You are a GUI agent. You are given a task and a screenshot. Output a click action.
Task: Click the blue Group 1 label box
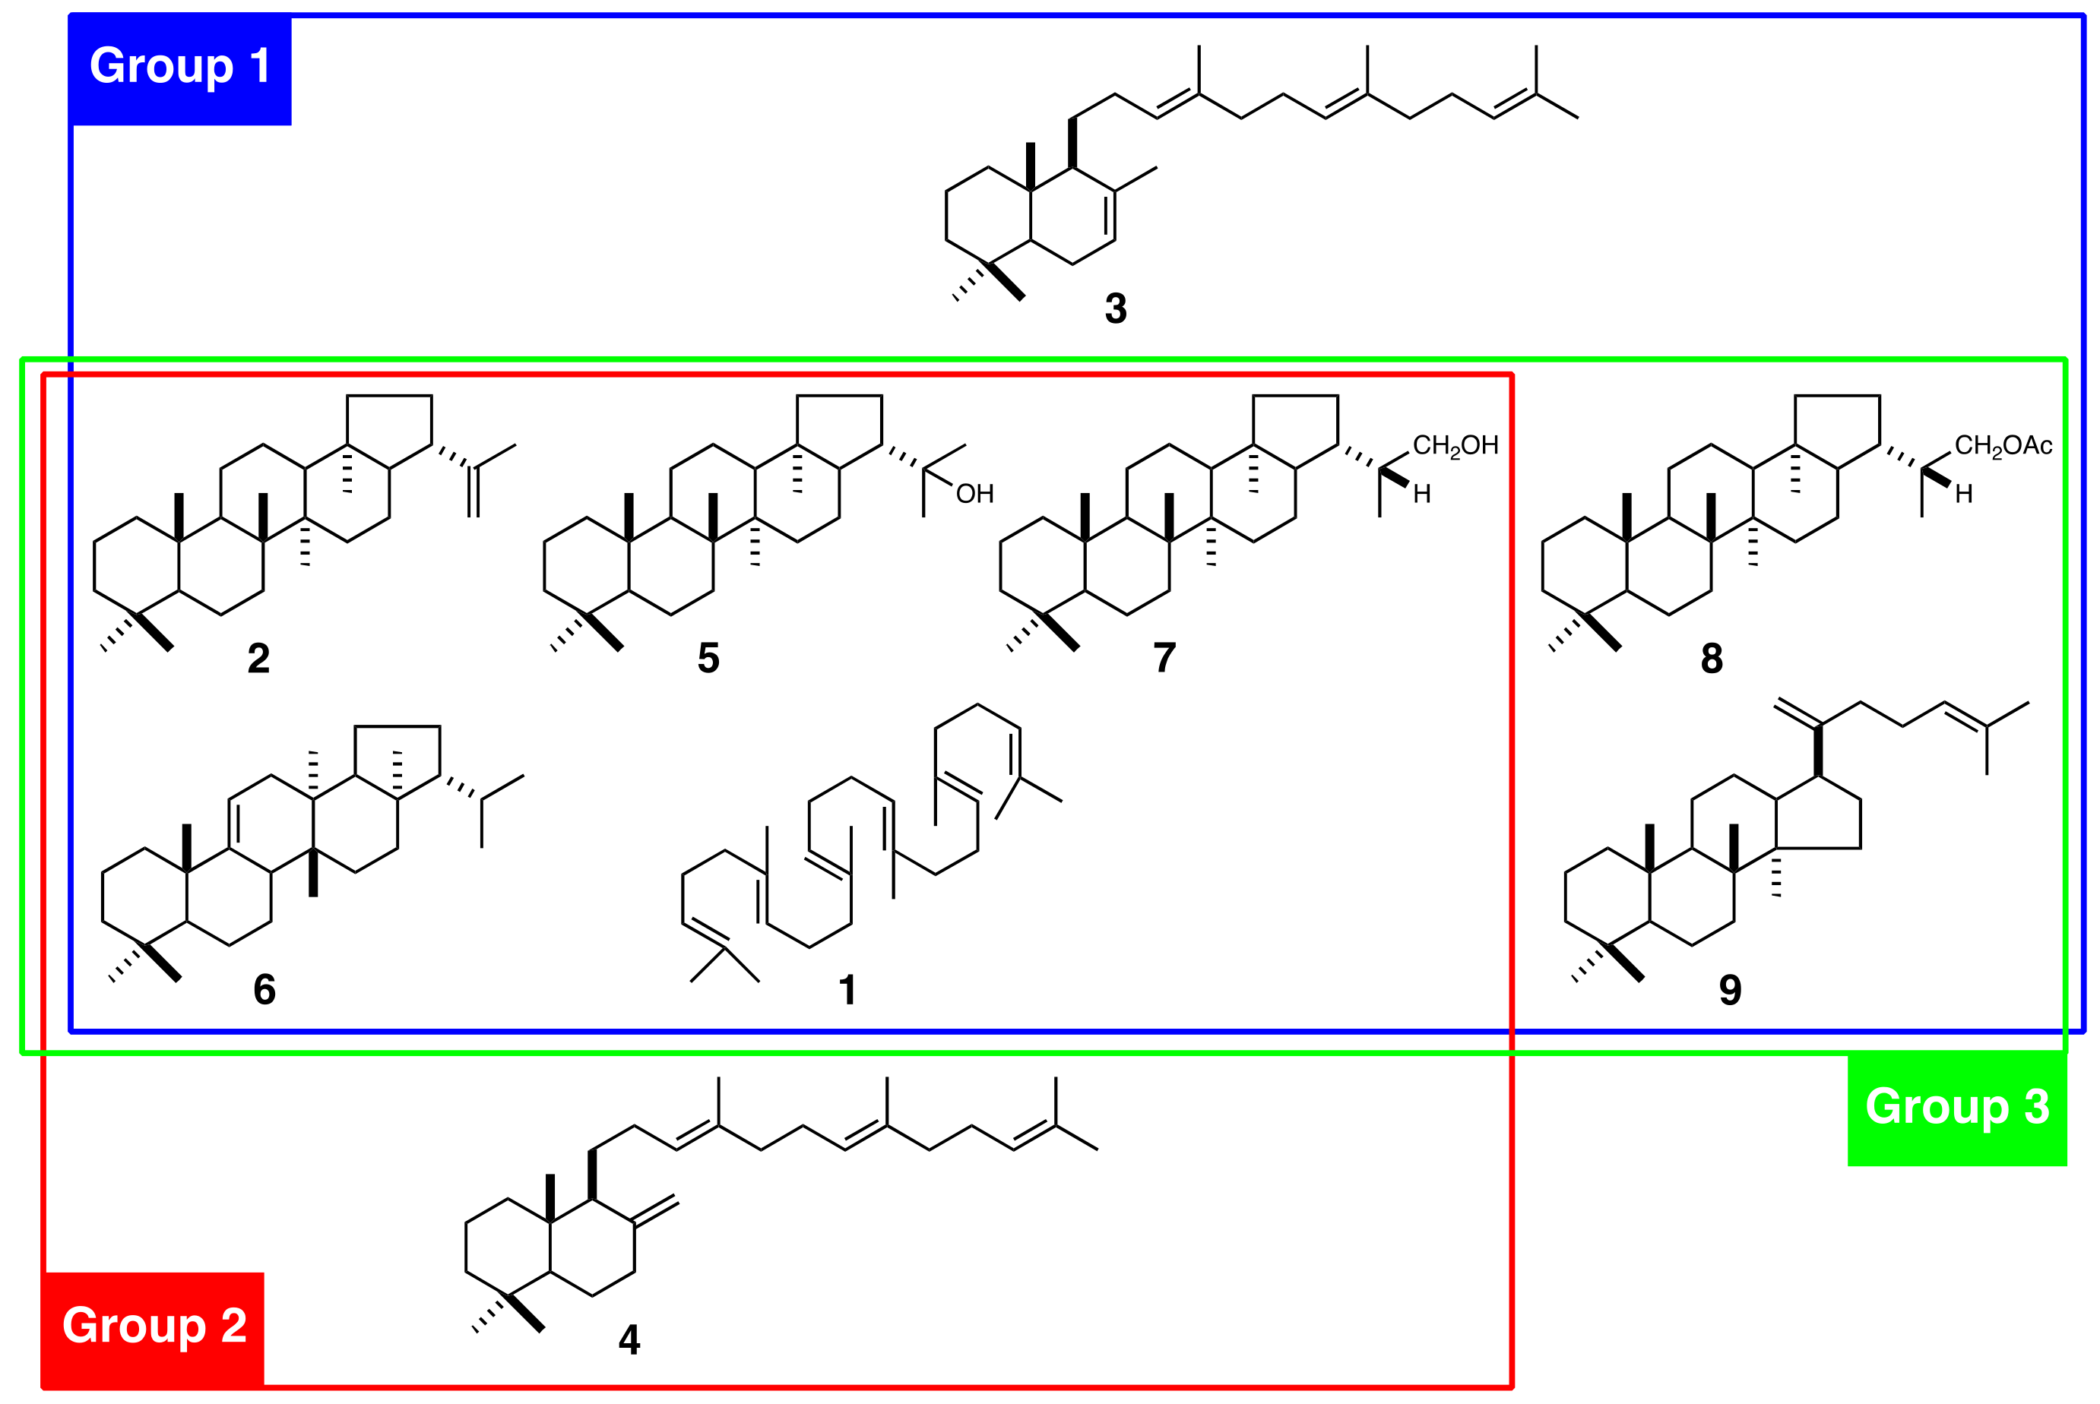tap(180, 68)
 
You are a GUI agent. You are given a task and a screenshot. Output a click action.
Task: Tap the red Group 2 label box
tap(154, 1327)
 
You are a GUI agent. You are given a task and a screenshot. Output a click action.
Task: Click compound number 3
tap(1115, 309)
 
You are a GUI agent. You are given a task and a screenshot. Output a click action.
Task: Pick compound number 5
tap(708, 659)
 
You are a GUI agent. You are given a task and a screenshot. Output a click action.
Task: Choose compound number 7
tap(1164, 659)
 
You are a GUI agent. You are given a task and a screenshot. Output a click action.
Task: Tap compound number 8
tap(1712, 659)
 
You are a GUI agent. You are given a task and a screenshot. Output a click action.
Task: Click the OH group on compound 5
tap(974, 495)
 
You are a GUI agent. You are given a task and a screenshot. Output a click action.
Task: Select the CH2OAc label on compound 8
tap(2003, 446)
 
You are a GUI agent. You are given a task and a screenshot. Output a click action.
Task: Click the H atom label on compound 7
tap(1422, 495)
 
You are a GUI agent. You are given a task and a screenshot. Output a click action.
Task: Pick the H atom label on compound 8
tap(1964, 495)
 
